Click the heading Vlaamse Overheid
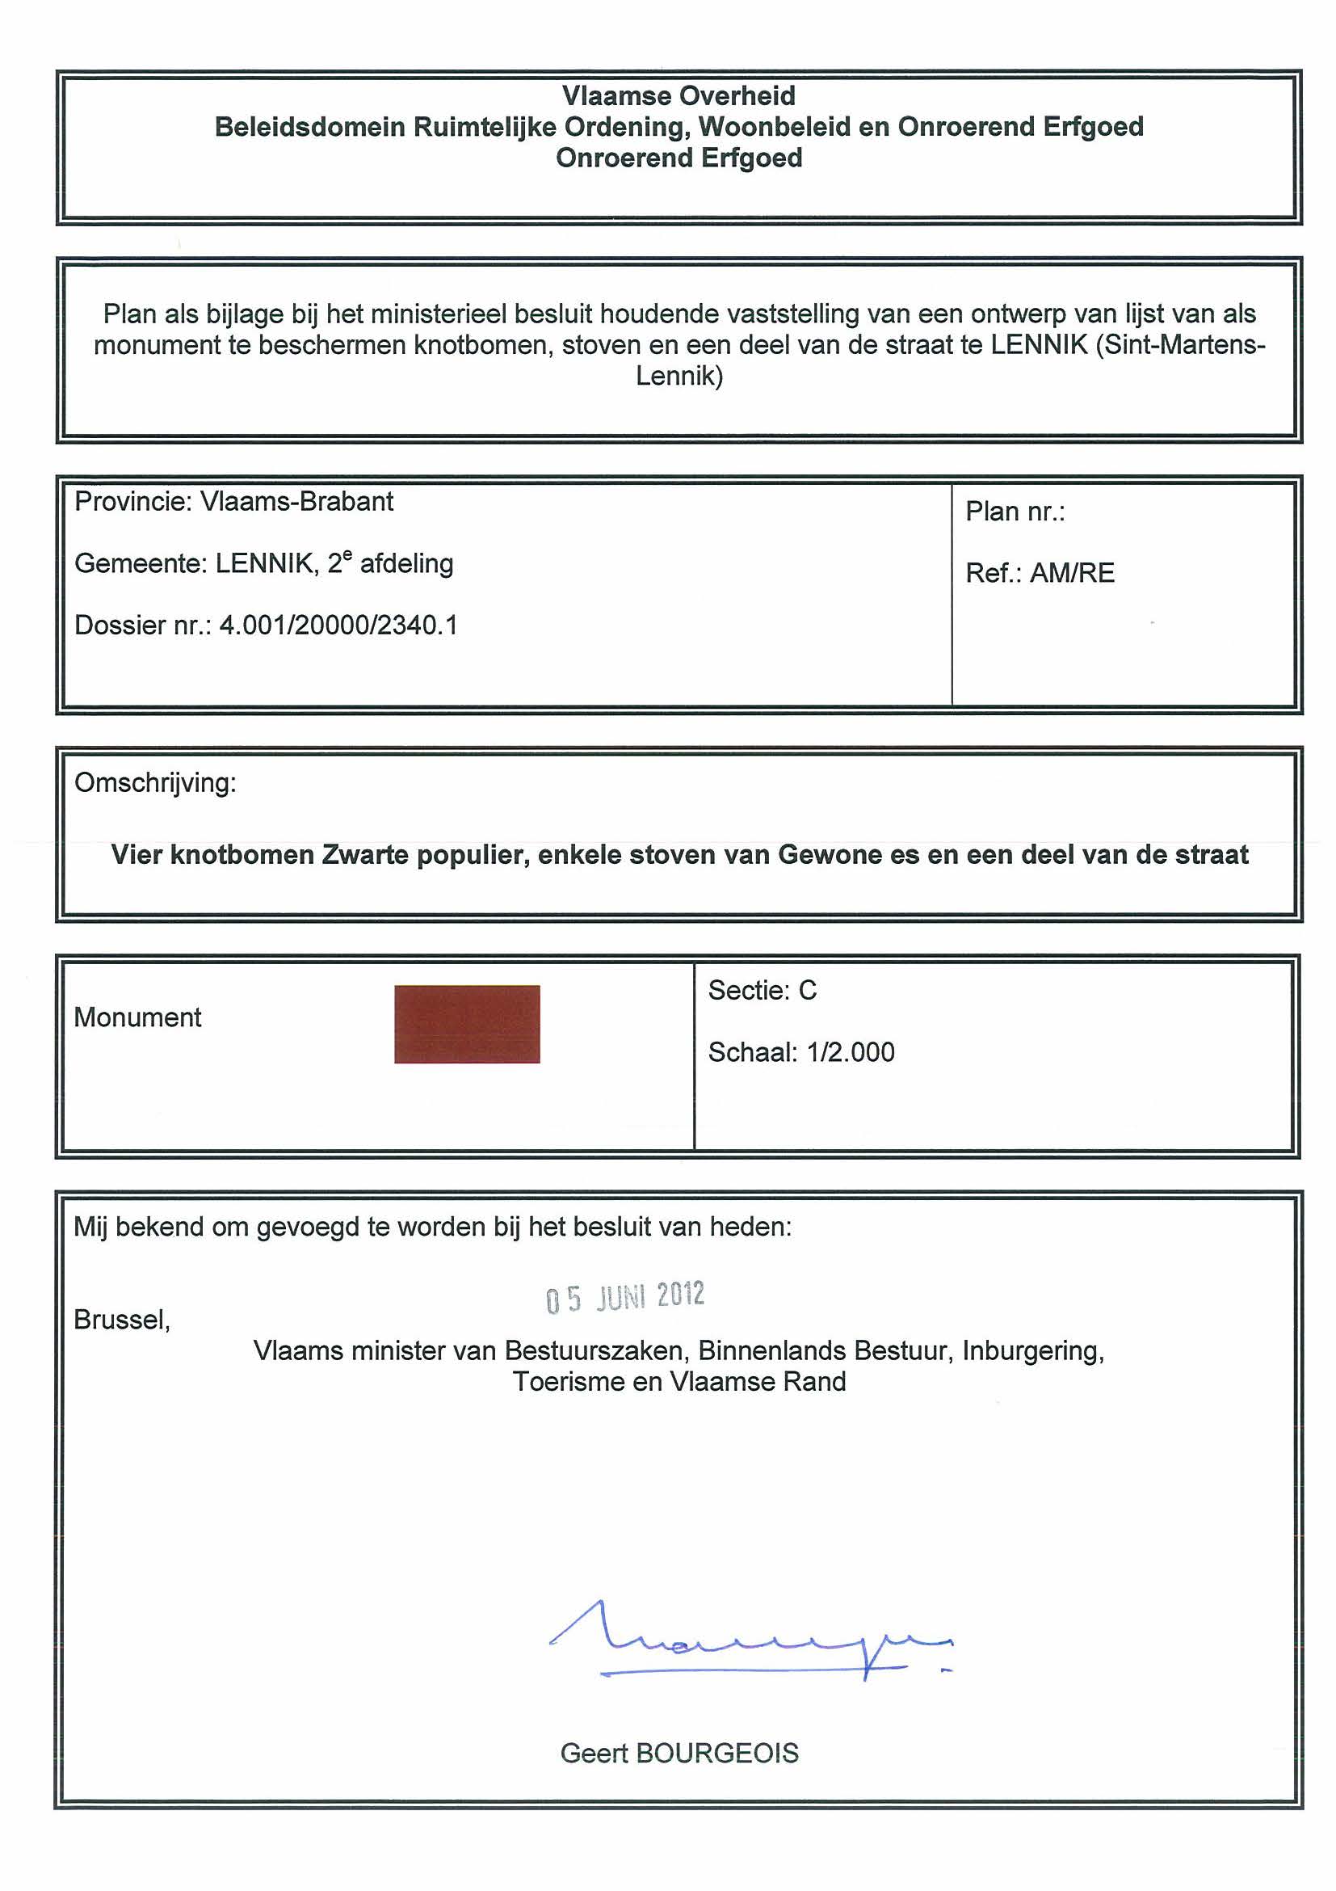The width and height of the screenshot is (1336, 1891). (x=679, y=96)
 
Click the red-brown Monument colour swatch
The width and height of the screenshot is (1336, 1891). (x=467, y=1024)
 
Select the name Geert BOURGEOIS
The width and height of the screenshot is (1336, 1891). (x=679, y=1753)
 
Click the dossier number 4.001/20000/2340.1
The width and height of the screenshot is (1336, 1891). (x=338, y=625)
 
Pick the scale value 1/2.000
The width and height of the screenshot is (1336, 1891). (x=851, y=1051)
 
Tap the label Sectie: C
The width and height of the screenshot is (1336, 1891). (x=763, y=990)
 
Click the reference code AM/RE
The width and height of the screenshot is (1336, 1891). (x=1072, y=572)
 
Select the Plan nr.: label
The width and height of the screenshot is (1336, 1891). (x=1015, y=512)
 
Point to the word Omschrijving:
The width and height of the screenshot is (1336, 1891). (x=156, y=782)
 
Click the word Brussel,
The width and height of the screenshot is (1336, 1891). (x=122, y=1320)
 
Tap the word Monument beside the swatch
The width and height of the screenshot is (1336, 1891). (x=137, y=1017)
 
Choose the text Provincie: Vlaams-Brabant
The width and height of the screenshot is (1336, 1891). (x=233, y=502)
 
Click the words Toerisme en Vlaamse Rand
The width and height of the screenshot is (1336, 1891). (x=679, y=1381)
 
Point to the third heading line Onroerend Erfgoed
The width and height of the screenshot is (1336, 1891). (x=679, y=158)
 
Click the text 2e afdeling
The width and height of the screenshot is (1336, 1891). (x=390, y=563)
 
